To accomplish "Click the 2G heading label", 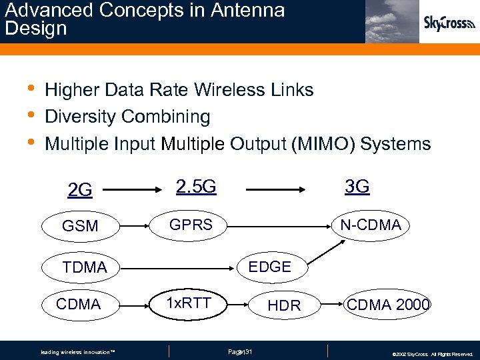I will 80,190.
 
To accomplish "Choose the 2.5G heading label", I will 195,186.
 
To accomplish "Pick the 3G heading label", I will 357,186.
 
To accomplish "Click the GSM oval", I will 80,226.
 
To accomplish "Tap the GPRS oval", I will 191,225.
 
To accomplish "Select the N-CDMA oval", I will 370,225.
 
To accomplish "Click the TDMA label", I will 85,267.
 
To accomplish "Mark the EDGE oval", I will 269,267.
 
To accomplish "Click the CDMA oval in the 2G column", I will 79,305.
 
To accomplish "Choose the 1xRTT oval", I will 189,303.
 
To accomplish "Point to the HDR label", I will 284,305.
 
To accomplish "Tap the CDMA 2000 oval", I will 388,305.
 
